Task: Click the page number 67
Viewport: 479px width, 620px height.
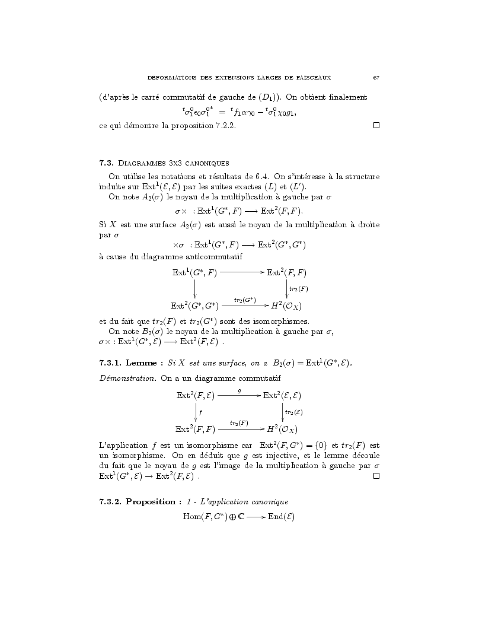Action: pos(376,77)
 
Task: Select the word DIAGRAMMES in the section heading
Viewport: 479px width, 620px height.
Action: pos(142,162)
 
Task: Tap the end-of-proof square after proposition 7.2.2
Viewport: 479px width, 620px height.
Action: pos(376,126)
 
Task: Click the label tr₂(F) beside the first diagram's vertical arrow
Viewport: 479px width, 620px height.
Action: pos(298,289)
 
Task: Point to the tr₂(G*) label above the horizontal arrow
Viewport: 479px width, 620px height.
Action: pos(244,300)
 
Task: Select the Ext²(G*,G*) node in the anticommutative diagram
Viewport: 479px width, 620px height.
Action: pos(194,306)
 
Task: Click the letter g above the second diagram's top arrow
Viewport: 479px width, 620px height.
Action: pos(239,390)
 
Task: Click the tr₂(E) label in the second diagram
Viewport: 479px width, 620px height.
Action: pos(294,412)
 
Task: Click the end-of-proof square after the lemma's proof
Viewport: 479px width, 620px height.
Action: pos(376,476)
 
